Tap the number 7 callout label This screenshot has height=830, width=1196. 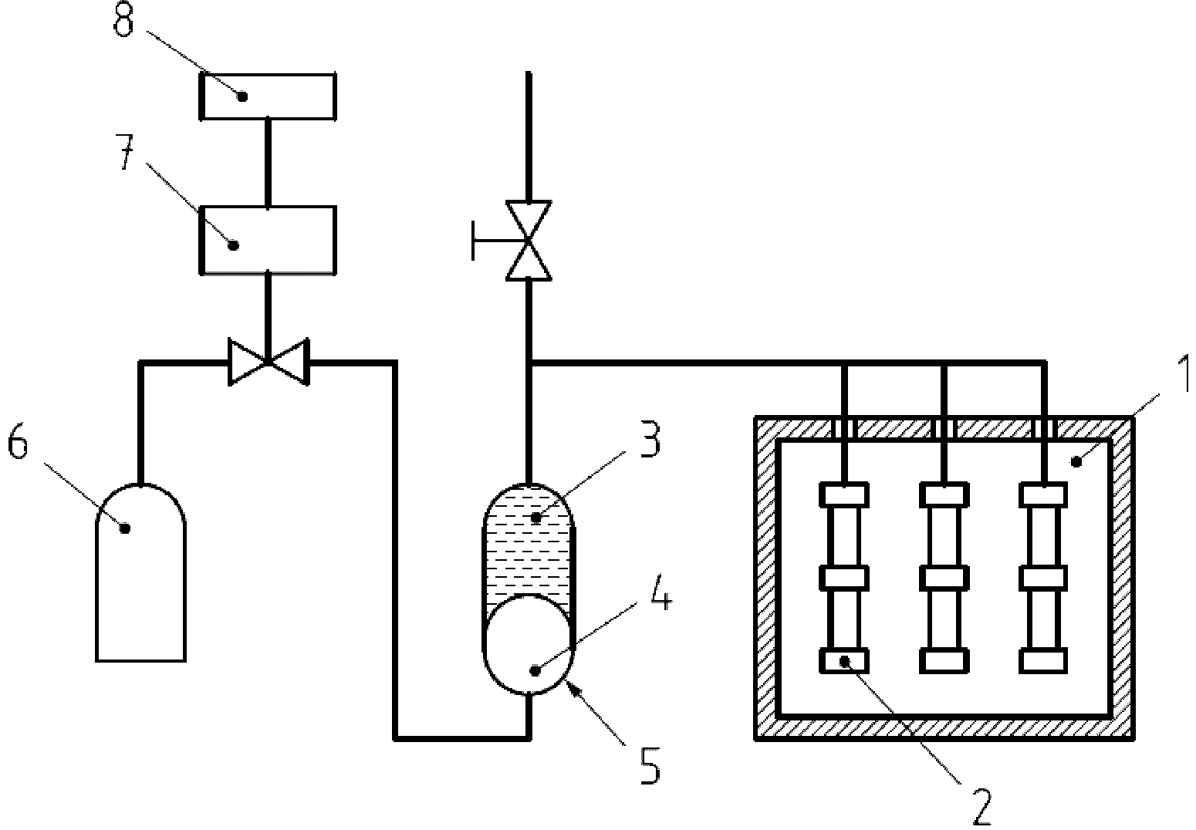pyautogui.click(x=125, y=153)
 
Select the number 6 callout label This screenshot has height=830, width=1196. pyautogui.click(x=18, y=441)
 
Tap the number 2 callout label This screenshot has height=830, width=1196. pyautogui.click(x=981, y=808)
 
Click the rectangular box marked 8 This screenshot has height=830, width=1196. pyautogui.click(x=268, y=96)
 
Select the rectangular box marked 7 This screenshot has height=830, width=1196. pyautogui.click(x=268, y=240)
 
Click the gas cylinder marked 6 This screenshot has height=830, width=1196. pyautogui.click(x=141, y=572)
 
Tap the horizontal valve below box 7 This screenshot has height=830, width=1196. pyautogui.click(x=269, y=362)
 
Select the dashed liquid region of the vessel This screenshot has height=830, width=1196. pyautogui.click(x=529, y=545)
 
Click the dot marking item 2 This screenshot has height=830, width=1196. pyautogui.click(x=845, y=662)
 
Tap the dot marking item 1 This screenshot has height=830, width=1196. pyautogui.click(x=1076, y=461)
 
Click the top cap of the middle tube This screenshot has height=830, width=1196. pyautogui.click(x=944, y=494)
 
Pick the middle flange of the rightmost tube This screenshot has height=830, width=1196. pyautogui.click(x=1043, y=578)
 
